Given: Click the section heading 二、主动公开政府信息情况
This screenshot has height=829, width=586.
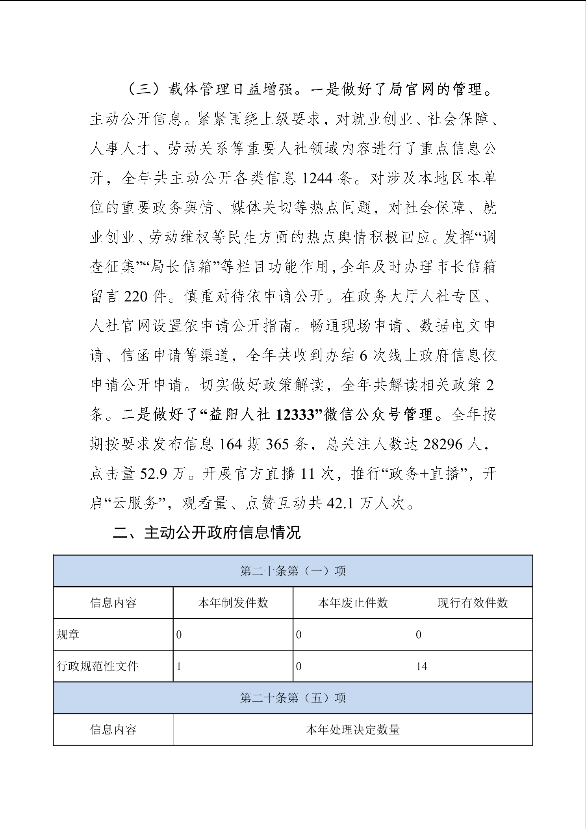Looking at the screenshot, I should (207, 533).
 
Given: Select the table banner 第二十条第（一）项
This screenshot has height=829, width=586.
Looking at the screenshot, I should (293, 571).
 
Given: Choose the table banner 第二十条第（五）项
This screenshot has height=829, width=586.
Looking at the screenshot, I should (293, 698).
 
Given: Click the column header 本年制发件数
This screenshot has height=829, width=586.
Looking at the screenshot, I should (233, 603).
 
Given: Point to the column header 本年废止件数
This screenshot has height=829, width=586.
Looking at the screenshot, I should (352, 603).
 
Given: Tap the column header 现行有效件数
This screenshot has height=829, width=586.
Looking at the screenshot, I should (472, 603).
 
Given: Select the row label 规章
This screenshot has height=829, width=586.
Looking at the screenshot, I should (68, 635).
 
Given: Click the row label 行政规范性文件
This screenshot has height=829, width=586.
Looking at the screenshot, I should (98, 666).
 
